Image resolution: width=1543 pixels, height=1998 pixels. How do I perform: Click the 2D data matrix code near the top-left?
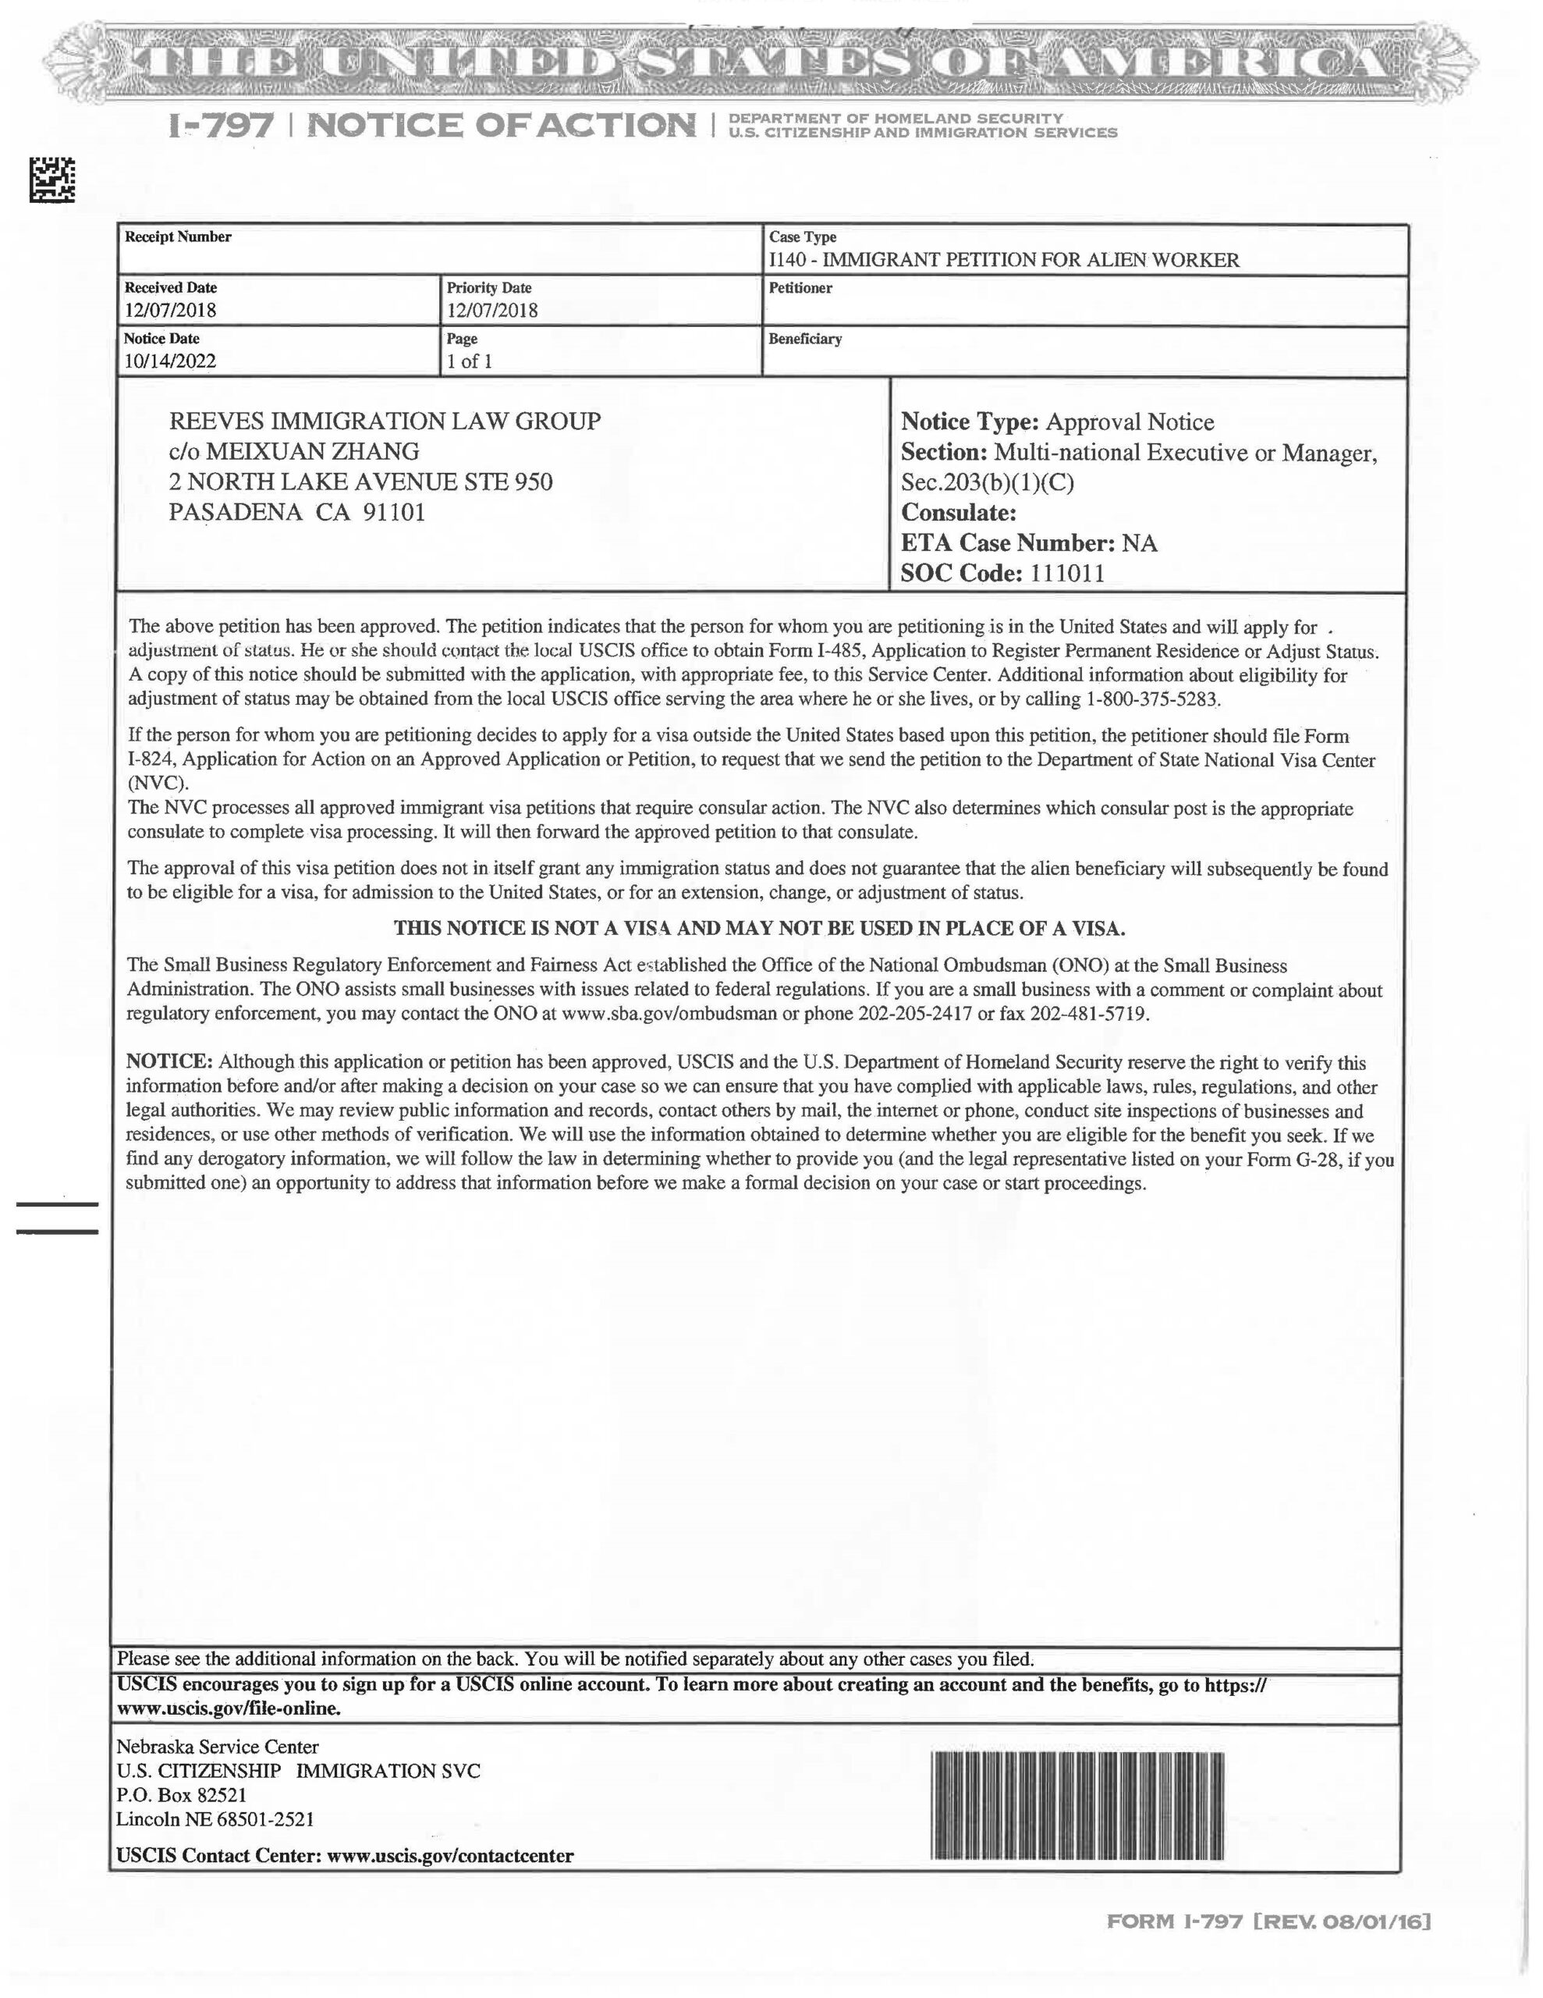52,180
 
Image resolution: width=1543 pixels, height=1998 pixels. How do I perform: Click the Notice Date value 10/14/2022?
170,361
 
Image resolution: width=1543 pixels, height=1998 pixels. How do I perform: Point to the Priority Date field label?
488,288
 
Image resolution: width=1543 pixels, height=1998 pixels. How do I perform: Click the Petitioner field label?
800,288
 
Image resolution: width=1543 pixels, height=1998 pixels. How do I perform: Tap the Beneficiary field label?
805,340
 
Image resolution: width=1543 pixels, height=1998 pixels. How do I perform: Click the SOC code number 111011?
1067,574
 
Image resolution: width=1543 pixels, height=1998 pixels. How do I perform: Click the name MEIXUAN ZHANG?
312,452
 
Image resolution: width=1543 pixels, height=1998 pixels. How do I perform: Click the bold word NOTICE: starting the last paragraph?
169,1062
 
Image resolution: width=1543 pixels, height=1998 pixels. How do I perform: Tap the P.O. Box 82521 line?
181,1795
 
